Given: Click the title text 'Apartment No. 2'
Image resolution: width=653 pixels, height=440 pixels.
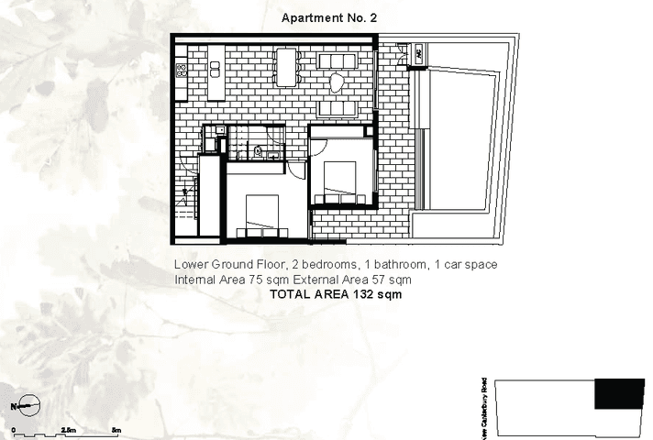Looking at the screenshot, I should pos(329,17).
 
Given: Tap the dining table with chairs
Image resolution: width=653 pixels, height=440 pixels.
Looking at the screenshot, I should pos(289,67).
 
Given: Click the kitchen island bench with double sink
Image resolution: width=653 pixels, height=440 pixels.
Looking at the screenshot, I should pos(216,72).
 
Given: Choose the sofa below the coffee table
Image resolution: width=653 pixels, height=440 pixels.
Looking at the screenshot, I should pos(337,107).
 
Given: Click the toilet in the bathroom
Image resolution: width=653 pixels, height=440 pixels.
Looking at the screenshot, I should pos(260,151).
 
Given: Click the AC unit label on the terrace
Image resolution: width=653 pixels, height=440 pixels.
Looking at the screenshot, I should pos(416,54).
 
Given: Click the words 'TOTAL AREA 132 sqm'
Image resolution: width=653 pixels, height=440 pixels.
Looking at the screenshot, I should pos(335,295).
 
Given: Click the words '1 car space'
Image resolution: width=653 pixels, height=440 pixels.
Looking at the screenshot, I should pos(466,265).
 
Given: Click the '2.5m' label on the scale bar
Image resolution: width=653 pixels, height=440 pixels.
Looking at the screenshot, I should pos(68,429).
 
